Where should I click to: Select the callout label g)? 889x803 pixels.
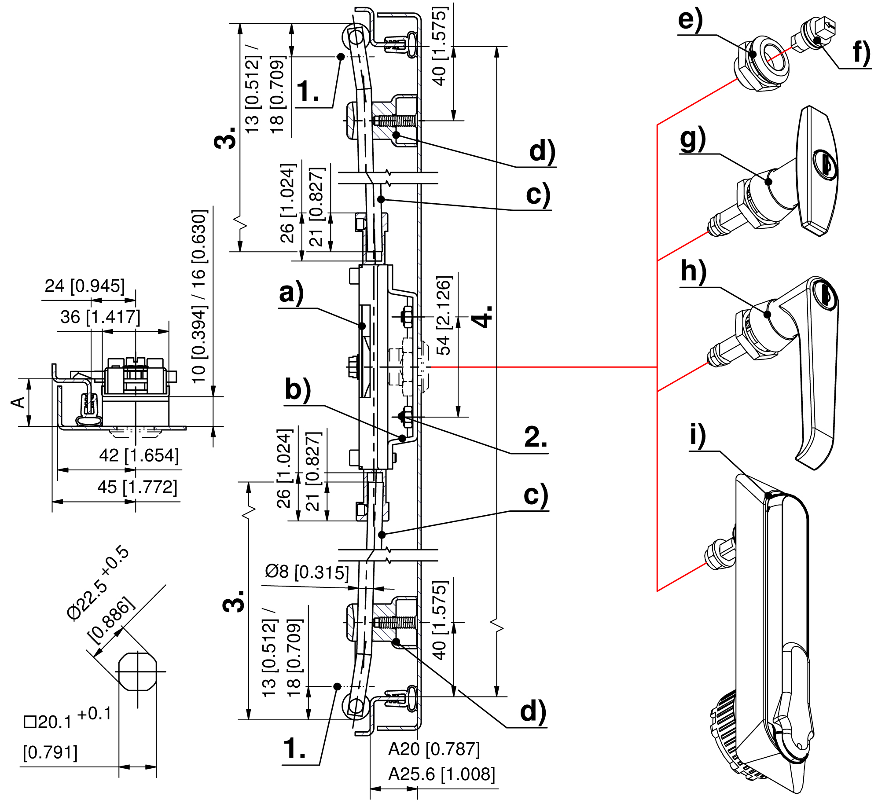pyautogui.click(x=693, y=139)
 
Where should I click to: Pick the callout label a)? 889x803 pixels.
pyautogui.click(x=291, y=293)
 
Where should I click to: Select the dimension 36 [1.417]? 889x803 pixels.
pyautogui.click(x=100, y=317)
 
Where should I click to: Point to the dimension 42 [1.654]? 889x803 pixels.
pyautogui.click(x=139, y=455)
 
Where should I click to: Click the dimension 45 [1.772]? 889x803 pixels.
pyautogui.click(x=137, y=488)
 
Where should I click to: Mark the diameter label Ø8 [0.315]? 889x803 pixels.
pyautogui.click(x=307, y=572)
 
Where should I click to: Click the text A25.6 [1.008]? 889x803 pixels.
pyautogui.click(x=441, y=774)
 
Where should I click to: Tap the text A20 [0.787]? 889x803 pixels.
pyautogui.click(x=434, y=749)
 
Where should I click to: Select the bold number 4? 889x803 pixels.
pyautogui.click(x=484, y=316)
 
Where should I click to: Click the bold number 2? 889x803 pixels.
pyautogui.click(x=535, y=438)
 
